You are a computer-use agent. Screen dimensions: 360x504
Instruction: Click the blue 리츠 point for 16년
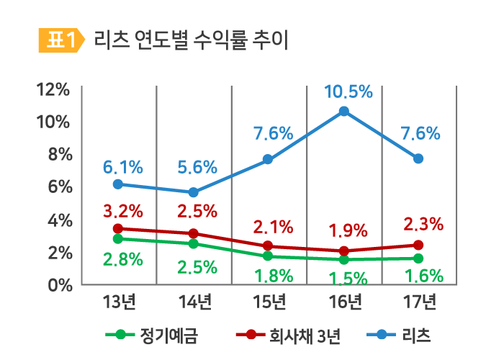(343, 111)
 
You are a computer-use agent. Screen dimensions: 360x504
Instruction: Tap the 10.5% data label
(348, 91)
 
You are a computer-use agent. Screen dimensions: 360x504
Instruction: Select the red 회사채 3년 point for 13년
(117, 228)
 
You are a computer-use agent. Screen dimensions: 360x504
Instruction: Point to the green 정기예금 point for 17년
(418, 258)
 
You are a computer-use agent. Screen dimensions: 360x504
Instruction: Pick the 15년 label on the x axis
(269, 301)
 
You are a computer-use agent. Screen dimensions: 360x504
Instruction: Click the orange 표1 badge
(60, 40)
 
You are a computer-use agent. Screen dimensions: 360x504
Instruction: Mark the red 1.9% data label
(348, 231)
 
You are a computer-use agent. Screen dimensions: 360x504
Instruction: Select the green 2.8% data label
(122, 260)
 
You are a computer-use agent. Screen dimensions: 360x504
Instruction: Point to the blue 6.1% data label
(122, 168)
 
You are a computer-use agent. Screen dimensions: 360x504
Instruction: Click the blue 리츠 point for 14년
(193, 192)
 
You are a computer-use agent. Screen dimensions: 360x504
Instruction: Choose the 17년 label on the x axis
(418, 301)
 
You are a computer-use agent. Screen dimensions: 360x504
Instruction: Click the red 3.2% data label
(122, 212)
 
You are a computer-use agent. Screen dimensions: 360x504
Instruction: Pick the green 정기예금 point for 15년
(268, 256)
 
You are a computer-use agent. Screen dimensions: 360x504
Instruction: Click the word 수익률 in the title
(211, 40)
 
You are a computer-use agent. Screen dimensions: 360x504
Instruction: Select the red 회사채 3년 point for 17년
(418, 245)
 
